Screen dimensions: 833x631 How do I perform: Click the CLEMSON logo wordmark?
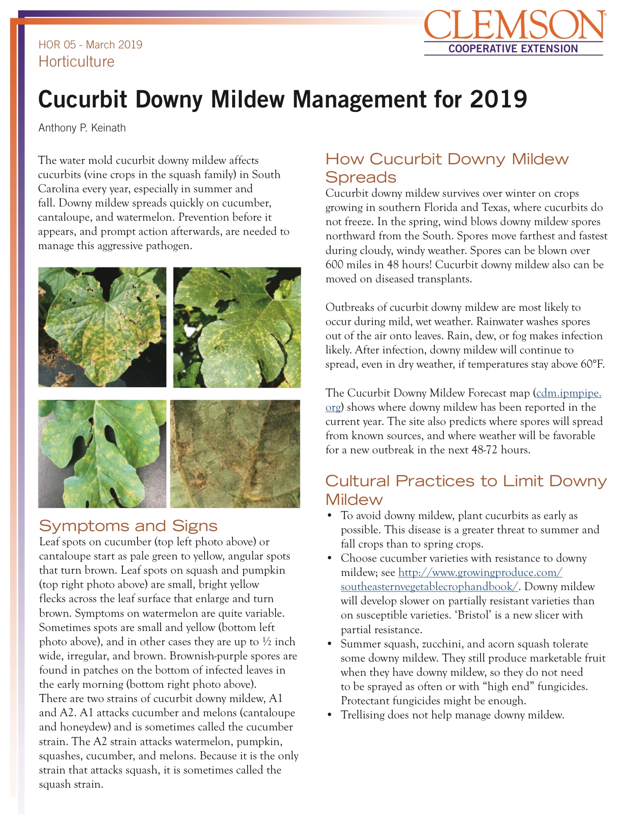click(x=514, y=26)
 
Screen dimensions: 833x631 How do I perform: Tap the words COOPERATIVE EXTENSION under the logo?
click(x=513, y=49)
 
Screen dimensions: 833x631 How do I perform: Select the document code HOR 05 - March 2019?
click(x=91, y=45)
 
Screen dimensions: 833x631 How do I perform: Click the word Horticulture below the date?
click(x=76, y=61)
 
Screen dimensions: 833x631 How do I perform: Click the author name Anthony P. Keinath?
click(x=82, y=128)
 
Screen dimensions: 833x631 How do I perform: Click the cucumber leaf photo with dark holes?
click(x=102, y=327)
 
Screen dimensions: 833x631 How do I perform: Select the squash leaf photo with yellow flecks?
click(x=237, y=327)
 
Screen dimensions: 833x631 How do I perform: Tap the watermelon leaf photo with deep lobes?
click(x=102, y=453)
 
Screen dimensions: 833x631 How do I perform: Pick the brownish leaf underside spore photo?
click(x=235, y=453)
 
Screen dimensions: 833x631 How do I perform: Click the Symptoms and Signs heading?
click(x=128, y=526)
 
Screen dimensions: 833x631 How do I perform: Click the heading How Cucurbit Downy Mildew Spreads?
click(x=447, y=168)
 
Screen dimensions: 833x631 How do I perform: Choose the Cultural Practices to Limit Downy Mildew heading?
click(x=466, y=490)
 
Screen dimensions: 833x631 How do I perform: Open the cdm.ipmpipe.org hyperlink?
click(x=568, y=393)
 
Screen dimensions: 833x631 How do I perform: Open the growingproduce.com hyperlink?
click(x=480, y=573)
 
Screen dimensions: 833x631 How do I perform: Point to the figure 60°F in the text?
click(x=592, y=365)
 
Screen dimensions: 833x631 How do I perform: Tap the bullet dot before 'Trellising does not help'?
click(x=329, y=715)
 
